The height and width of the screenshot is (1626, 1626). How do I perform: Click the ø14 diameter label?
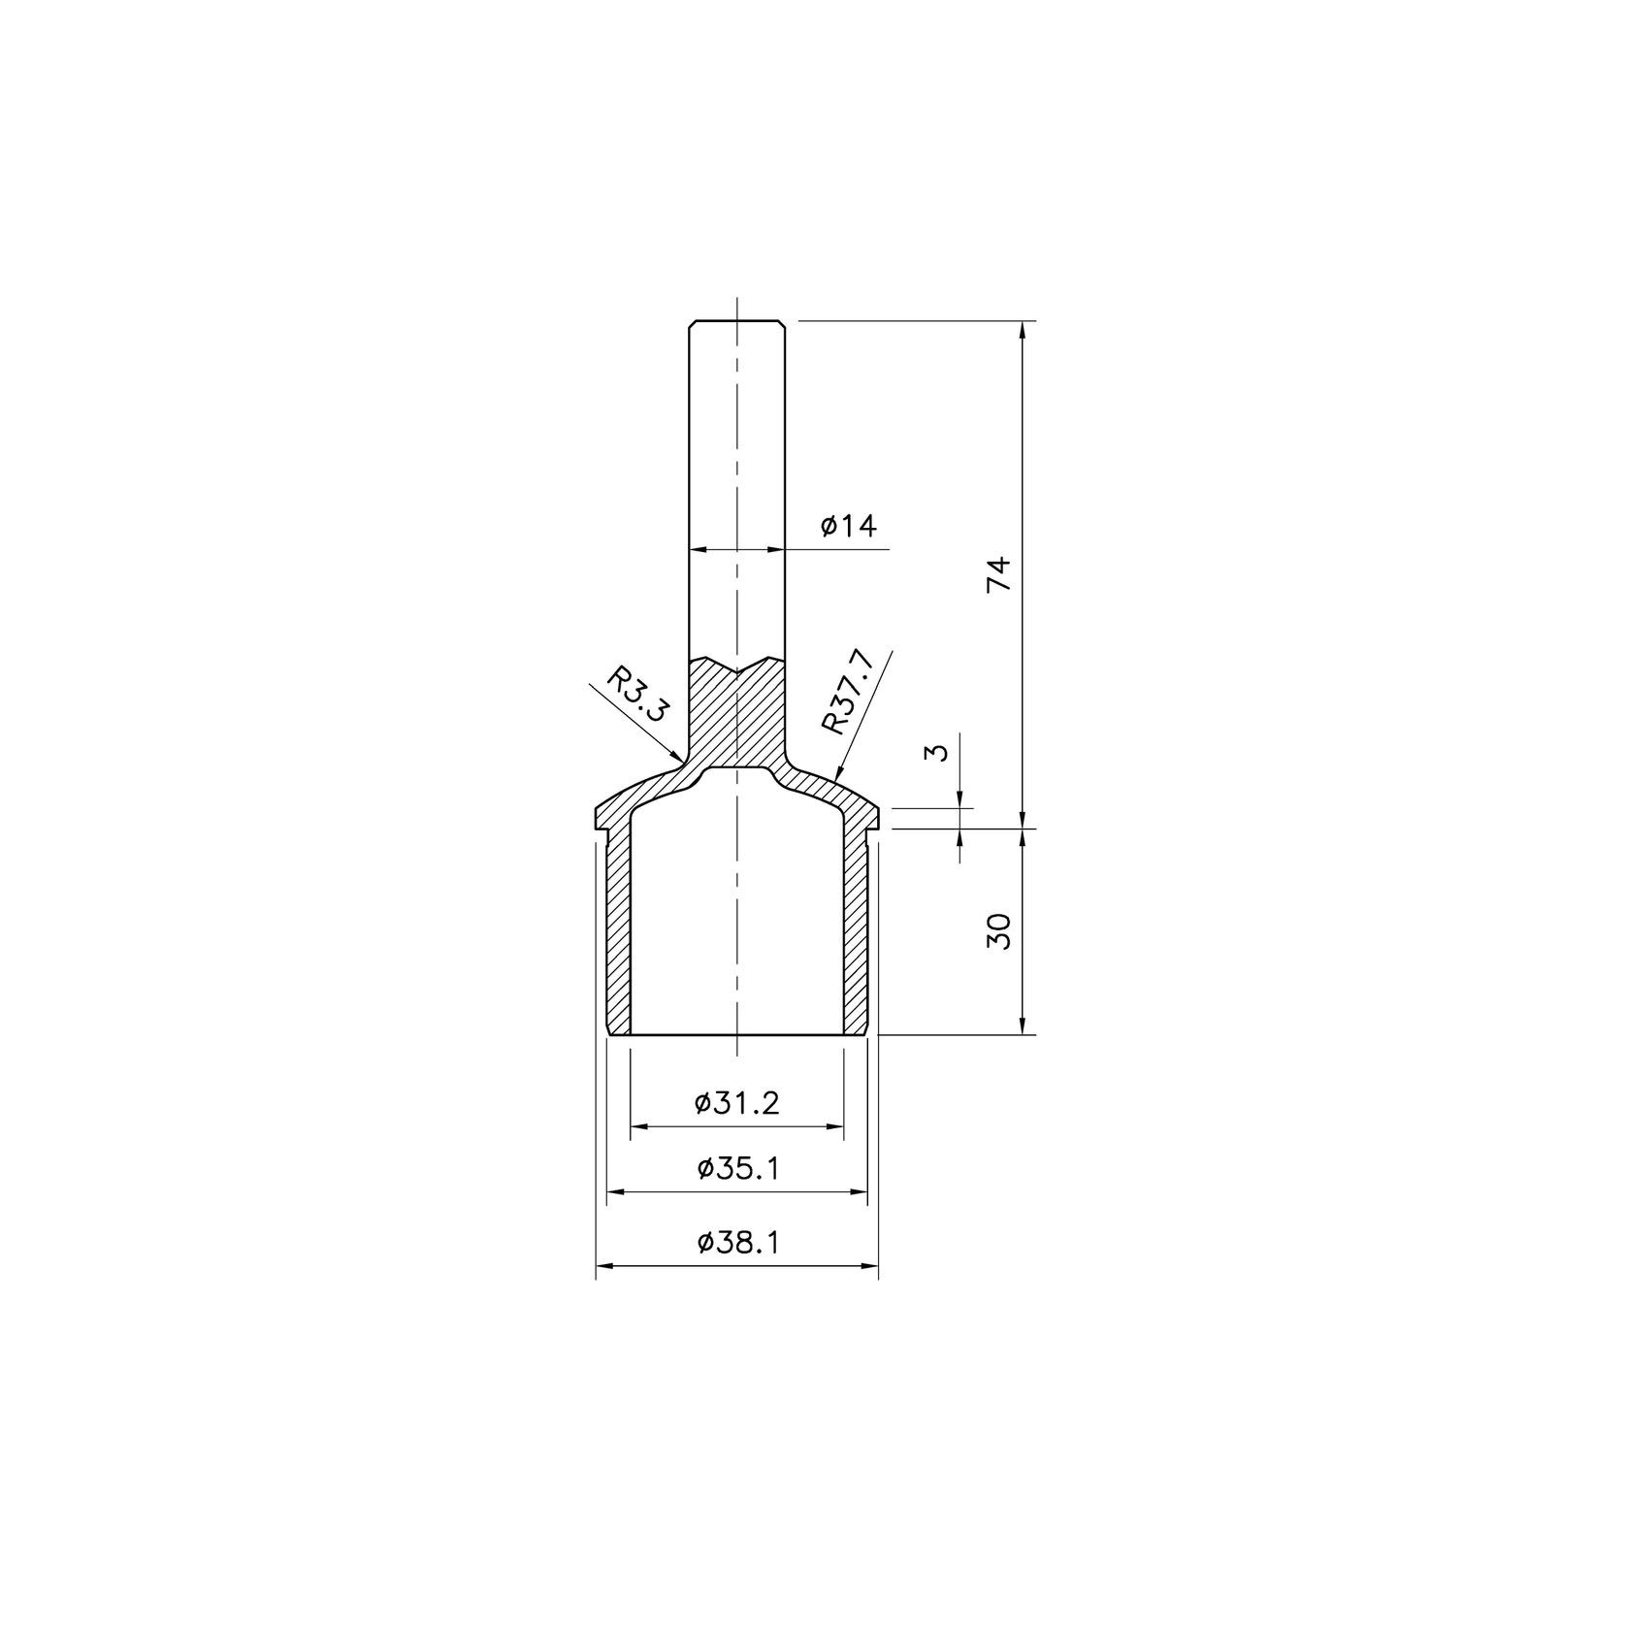click(848, 527)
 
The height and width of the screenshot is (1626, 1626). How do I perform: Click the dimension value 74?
click(999, 573)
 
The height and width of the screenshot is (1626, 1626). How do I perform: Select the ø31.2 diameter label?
click(737, 1103)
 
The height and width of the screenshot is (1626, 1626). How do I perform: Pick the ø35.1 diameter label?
click(737, 1168)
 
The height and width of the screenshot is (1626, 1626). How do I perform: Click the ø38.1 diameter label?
click(737, 1243)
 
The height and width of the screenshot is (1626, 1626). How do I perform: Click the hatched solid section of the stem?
click(736, 718)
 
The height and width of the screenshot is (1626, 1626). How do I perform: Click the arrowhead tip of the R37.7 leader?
click(836, 781)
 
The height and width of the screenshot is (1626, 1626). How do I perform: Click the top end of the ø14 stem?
click(736, 322)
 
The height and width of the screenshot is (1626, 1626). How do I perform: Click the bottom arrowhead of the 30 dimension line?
click(1022, 1032)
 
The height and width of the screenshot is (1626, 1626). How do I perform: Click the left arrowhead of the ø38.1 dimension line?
click(598, 1265)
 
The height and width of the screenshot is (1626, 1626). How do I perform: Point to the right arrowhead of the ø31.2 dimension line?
click(840, 1126)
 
